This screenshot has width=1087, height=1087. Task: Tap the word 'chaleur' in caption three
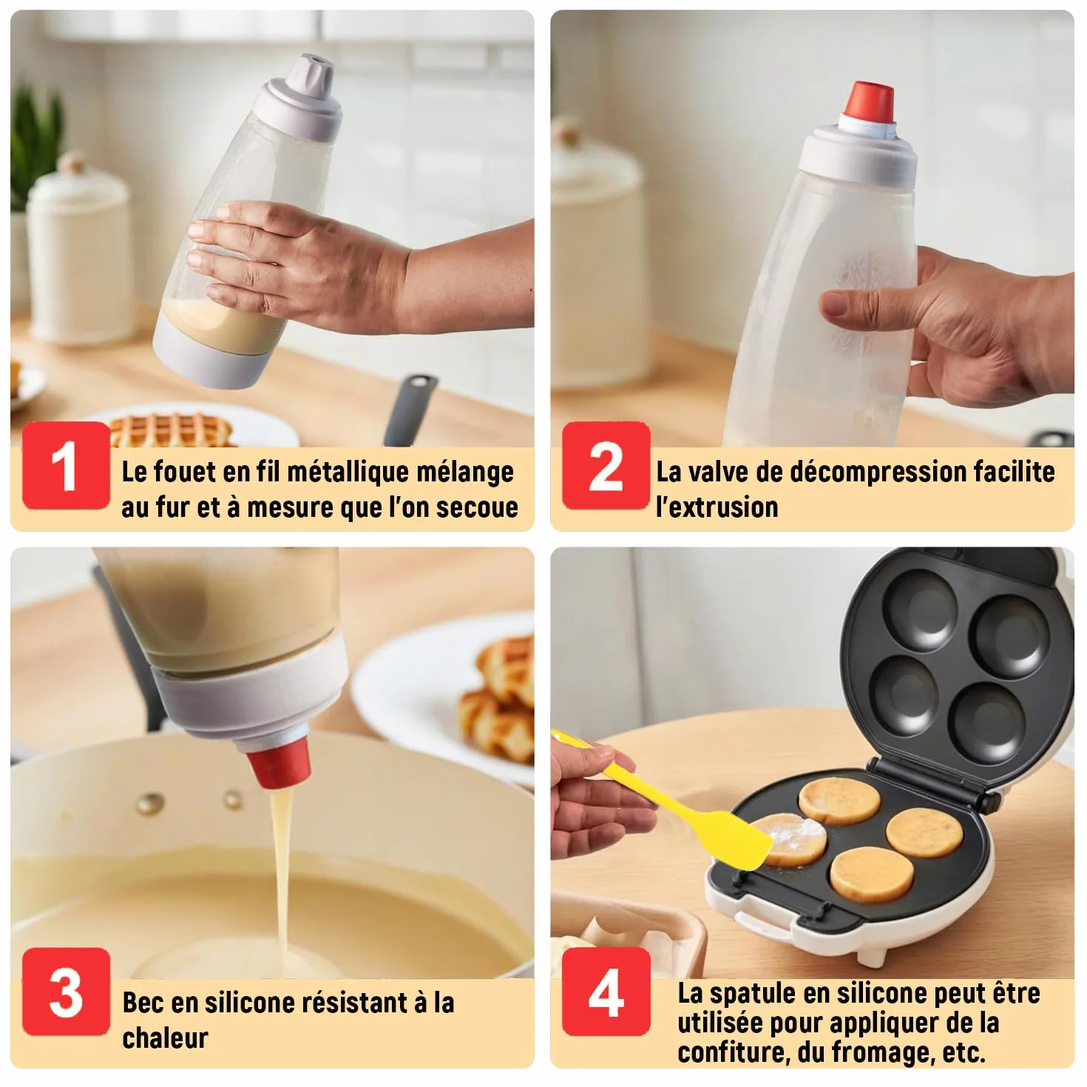[x=166, y=1038]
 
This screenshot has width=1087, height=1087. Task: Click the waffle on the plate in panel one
[x=171, y=430]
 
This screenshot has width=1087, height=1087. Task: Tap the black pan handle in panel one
[x=410, y=410]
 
